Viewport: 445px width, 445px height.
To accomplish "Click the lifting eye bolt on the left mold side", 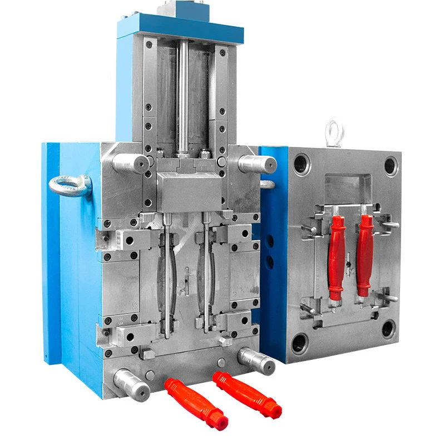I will (70, 185).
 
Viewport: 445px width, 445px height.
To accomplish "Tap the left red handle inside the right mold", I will (337, 256).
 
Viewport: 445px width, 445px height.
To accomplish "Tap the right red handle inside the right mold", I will (365, 255).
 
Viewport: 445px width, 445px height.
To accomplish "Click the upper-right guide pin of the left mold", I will (258, 164).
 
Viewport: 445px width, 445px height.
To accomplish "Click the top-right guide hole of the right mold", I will (390, 166).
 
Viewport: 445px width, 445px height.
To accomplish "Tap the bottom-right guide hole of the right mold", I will (389, 329).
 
